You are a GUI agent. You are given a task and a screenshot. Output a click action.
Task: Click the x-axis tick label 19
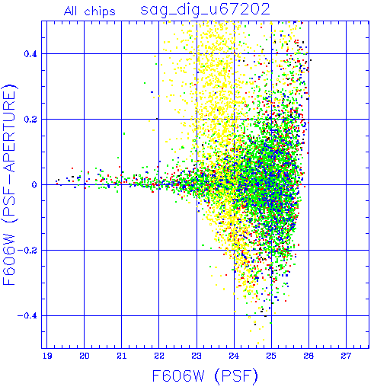pos(47,356)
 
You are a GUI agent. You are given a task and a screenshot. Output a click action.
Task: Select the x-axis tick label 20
pos(85,356)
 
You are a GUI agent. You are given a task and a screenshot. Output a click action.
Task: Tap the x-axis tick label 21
pos(122,356)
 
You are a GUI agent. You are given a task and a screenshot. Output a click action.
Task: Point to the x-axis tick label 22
pos(159,356)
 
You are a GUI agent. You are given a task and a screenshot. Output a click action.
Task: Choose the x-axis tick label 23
pos(197,356)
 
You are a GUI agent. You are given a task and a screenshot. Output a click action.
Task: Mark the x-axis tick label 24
pos(234,356)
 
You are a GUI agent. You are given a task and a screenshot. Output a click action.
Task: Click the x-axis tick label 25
pos(271,356)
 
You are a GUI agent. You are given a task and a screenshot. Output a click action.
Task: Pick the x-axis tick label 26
pos(308,356)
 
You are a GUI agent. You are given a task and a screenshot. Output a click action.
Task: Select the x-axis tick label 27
pos(346,356)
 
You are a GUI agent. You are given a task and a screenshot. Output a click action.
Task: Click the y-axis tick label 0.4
pos(30,54)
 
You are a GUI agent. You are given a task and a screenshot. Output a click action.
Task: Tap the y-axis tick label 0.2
pos(30,120)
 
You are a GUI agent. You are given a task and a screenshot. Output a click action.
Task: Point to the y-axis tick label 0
pos(34,185)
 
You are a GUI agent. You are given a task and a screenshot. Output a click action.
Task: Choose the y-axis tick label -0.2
pos(27,251)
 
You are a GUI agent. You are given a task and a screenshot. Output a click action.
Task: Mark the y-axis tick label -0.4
pos(27,316)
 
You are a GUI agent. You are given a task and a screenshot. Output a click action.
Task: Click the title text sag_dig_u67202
pos(205,10)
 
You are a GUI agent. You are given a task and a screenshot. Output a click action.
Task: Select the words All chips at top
pos(90,11)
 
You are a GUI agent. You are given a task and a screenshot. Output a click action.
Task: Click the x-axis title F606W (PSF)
pos(205,376)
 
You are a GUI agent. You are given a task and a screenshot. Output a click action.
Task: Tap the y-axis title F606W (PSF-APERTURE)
pos(9,184)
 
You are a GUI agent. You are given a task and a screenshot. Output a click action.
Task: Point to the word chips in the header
pos(100,12)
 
